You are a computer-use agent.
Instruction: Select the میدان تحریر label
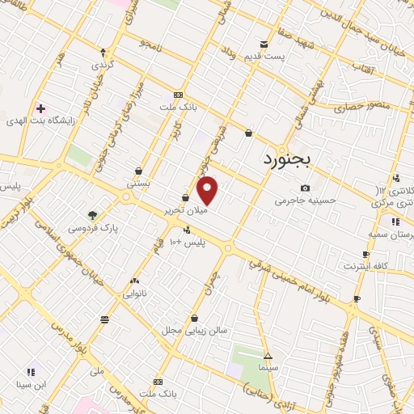point(186,210)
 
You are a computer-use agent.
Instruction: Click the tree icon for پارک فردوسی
point(93,215)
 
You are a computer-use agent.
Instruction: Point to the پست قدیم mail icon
point(264,44)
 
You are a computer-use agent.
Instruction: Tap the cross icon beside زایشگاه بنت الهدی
point(40,108)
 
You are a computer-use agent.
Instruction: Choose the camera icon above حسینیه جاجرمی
point(305,188)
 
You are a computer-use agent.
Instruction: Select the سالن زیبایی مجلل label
point(194,330)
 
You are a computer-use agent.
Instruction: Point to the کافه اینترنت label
point(365,265)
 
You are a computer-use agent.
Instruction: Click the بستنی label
point(138,184)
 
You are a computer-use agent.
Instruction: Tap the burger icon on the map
point(104,320)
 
